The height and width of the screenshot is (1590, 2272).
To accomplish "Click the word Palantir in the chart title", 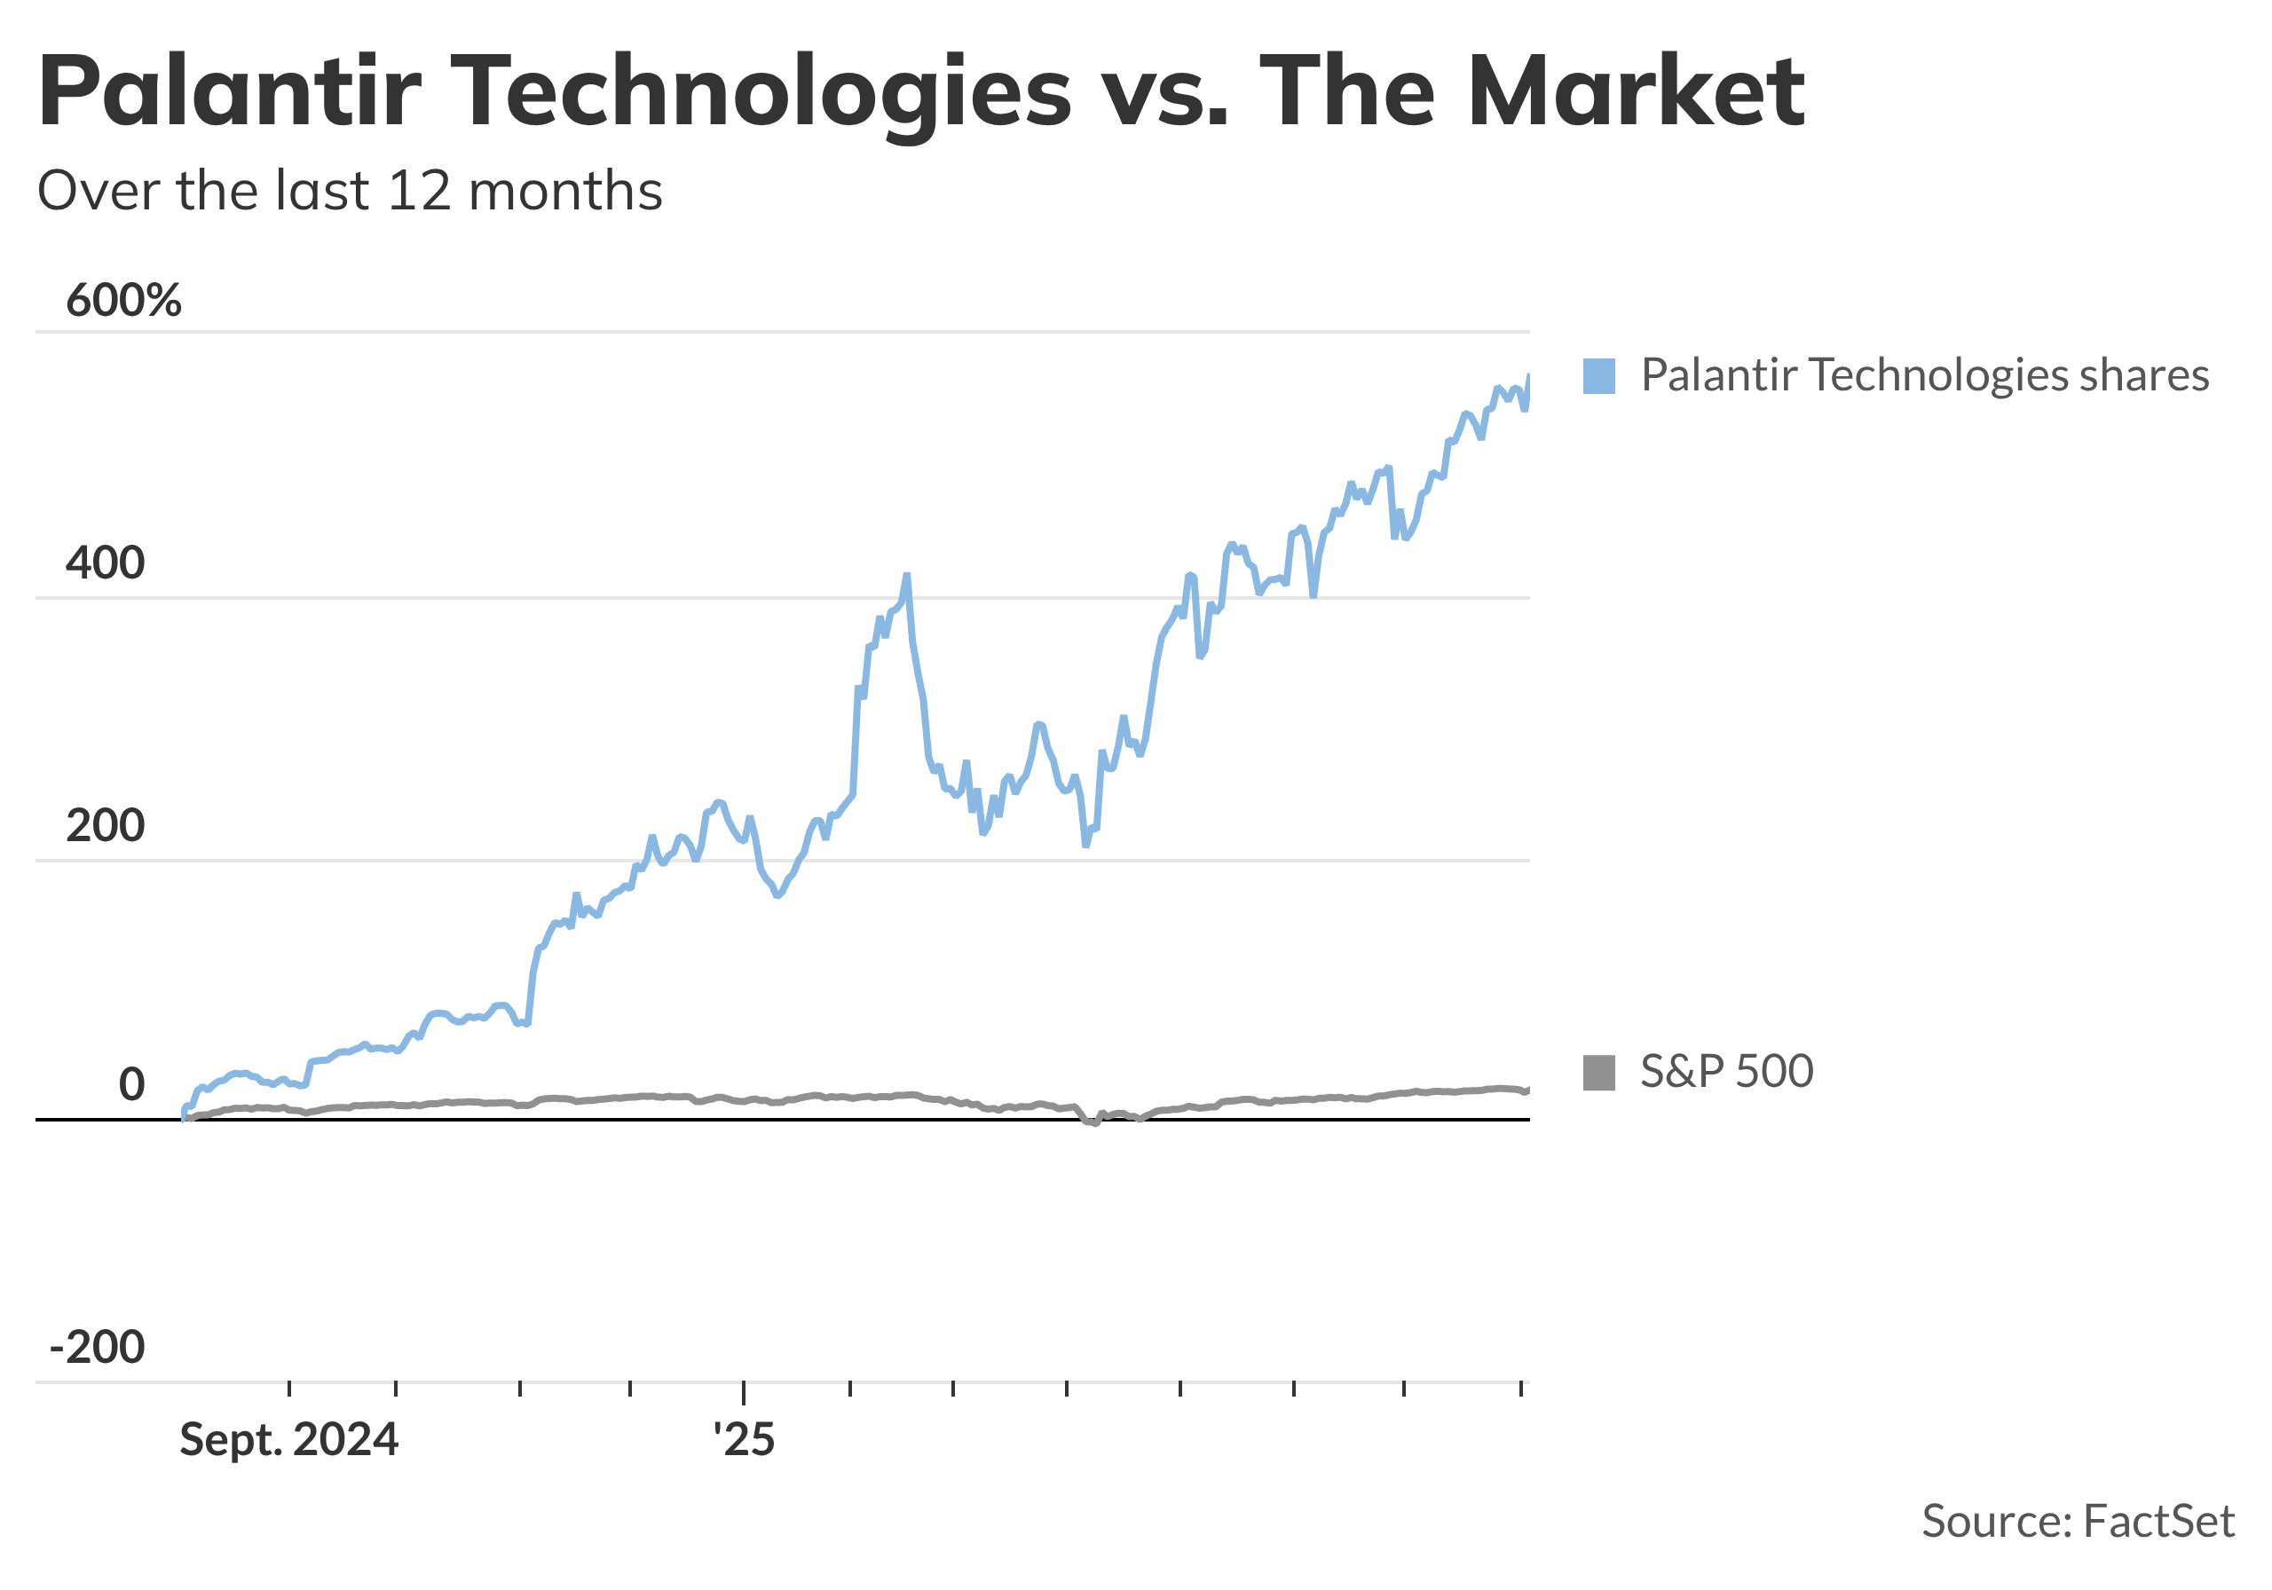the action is click(x=230, y=91).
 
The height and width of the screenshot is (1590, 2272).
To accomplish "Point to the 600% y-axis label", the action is click(x=123, y=300).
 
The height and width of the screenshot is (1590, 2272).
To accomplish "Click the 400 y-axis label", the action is click(x=105, y=563).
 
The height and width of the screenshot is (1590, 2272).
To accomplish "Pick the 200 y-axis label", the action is click(x=105, y=825).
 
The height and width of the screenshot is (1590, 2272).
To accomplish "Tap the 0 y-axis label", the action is click(x=131, y=1085).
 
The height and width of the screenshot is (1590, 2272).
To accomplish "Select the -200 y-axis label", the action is click(x=97, y=1347).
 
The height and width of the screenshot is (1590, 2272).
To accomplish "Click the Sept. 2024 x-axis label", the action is click(x=289, y=1440).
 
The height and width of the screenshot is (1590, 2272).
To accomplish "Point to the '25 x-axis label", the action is click(x=744, y=1440).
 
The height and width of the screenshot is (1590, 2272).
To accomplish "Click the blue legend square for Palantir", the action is click(x=1599, y=376).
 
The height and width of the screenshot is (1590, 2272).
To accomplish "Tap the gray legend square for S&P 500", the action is click(x=1599, y=1073).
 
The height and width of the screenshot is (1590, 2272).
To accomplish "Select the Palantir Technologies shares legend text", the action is click(x=1925, y=376).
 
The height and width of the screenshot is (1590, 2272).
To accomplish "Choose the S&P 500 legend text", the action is click(x=1727, y=1072).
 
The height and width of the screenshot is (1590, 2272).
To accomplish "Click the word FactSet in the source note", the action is click(x=2159, y=1522).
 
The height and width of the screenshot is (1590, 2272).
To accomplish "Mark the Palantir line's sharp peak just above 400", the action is click(x=906, y=575).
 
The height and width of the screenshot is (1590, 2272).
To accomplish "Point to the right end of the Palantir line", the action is click(x=1529, y=376).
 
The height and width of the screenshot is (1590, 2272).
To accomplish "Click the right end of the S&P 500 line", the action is click(x=1529, y=1090).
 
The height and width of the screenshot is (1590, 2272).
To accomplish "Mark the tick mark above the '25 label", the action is click(x=744, y=1389).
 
